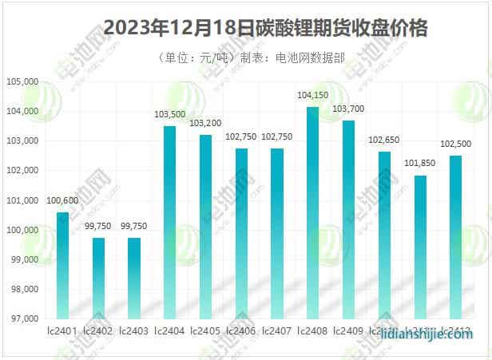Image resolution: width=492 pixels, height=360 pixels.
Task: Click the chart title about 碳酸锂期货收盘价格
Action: [266, 30]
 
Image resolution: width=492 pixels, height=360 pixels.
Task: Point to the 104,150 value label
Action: [312, 95]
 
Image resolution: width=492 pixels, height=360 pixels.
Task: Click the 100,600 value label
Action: [62, 200]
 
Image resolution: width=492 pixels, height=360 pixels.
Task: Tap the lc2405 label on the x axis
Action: [205, 330]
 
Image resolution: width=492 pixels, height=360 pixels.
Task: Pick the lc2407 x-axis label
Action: [276, 330]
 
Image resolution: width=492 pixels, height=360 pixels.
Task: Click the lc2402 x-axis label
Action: [98, 330]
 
